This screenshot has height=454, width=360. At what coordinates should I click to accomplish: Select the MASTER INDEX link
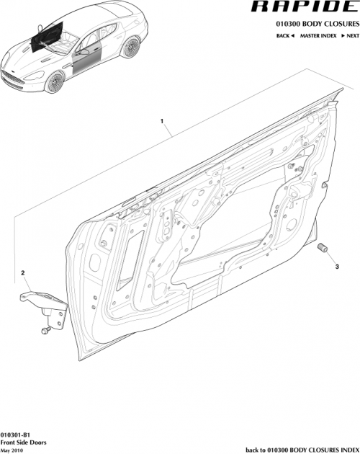point(319,35)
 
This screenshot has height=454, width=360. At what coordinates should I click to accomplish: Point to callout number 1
point(162,120)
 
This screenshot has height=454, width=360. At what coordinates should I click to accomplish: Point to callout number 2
point(24,273)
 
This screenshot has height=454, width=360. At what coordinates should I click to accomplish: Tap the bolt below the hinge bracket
point(45,330)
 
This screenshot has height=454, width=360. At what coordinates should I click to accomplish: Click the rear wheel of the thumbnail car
point(130,49)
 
